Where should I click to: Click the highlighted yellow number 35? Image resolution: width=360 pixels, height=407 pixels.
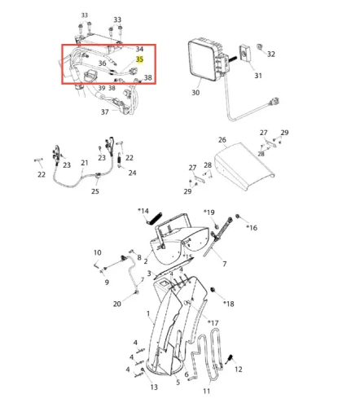click(x=139, y=59)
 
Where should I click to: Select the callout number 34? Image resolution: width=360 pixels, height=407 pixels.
click(x=139, y=49)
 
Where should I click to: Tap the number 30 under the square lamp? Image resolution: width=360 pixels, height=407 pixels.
click(x=195, y=93)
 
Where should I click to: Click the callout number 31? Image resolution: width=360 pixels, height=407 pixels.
click(x=258, y=76)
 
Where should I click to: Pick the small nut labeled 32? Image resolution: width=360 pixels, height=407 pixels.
click(x=260, y=47)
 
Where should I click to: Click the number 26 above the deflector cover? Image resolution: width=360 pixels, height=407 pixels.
click(x=222, y=140)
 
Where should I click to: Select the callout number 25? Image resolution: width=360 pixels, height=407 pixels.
click(x=95, y=191)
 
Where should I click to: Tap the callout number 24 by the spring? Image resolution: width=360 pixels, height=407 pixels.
click(x=132, y=173)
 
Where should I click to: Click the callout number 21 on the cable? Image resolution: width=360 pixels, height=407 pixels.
click(x=85, y=163)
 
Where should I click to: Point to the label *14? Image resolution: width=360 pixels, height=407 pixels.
click(x=143, y=211)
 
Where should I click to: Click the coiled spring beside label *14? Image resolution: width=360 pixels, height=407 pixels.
click(x=154, y=218)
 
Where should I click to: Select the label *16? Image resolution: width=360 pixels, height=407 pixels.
click(x=252, y=228)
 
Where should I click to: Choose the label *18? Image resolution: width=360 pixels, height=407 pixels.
click(x=229, y=304)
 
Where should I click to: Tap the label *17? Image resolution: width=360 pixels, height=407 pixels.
click(x=213, y=323)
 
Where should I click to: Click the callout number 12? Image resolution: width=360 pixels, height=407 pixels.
click(x=239, y=370)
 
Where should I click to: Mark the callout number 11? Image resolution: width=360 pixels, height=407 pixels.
click(x=206, y=391)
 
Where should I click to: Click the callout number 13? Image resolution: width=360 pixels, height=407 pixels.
click(x=154, y=387)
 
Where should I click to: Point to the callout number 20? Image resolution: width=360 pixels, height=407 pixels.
click(x=117, y=304)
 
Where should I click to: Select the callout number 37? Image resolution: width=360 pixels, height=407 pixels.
click(x=105, y=112)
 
